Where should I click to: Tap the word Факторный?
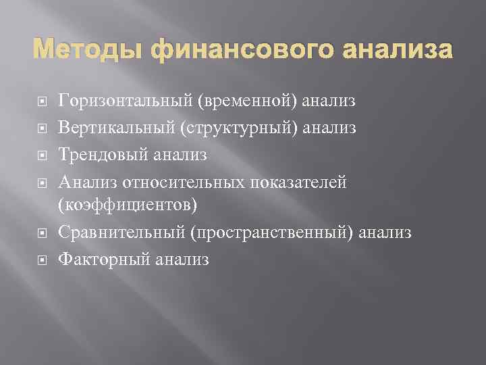[104, 258]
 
